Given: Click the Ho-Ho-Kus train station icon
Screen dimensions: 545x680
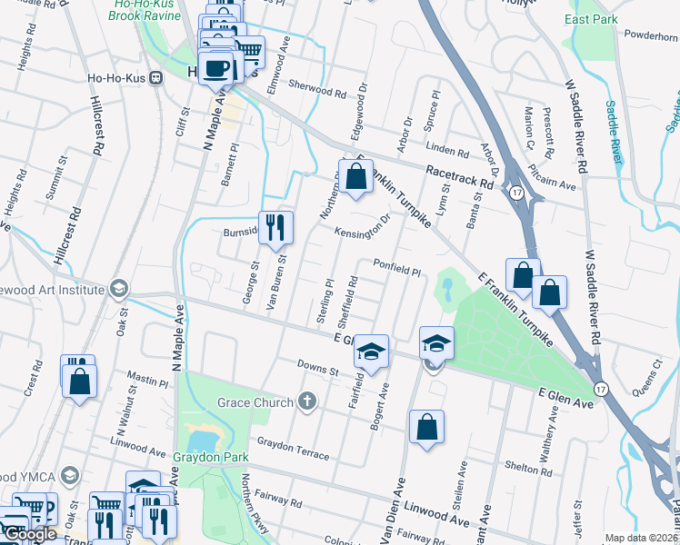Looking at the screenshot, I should (x=155, y=77).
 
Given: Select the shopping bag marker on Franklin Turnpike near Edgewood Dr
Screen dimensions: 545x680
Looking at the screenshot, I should (x=355, y=176).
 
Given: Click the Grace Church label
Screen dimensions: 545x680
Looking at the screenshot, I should (x=255, y=402).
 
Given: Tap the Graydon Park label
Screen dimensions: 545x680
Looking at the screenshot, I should (x=211, y=457).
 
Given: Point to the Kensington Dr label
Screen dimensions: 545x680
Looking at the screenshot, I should (x=363, y=227).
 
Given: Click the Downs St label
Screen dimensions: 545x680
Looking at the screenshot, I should (x=318, y=369).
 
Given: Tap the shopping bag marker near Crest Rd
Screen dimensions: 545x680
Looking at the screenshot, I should (x=79, y=381).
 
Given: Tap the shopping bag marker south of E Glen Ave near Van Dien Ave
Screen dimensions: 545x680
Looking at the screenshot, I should (x=426, y=428).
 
